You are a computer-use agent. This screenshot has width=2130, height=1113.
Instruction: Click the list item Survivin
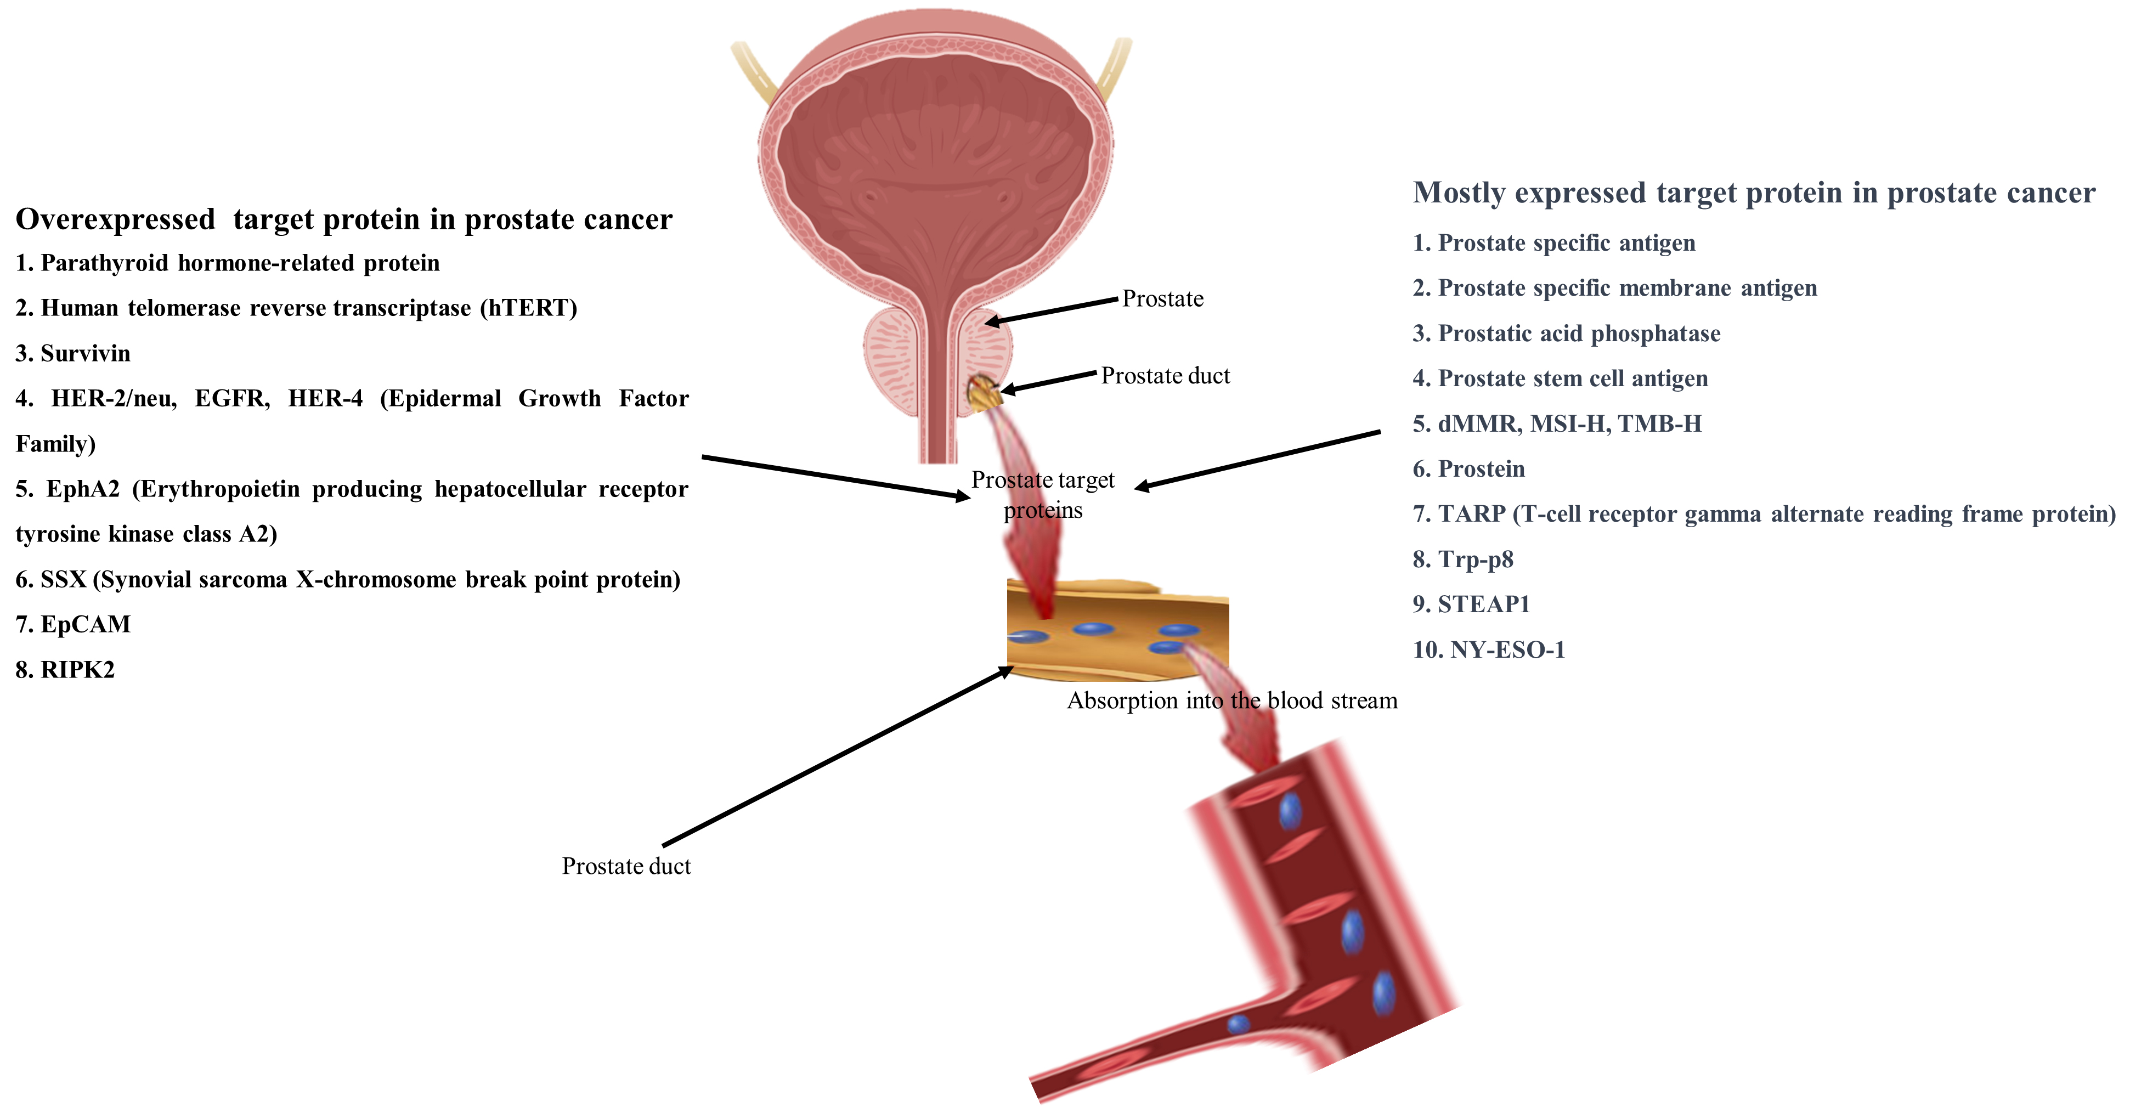tap(73, 354)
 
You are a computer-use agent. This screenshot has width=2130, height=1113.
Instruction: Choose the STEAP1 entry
tap(1471, 604)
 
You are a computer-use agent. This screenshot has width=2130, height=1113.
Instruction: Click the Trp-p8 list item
tap(1463, 560)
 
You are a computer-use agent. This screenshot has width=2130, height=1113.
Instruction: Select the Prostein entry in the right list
tap(1468, 469)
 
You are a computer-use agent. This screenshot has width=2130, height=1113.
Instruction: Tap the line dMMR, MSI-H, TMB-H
tap(1557, 424)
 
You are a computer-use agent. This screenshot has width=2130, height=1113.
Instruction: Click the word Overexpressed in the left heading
tap(116, 220)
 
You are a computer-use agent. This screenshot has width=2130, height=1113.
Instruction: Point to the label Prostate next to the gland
tap(1162, 298)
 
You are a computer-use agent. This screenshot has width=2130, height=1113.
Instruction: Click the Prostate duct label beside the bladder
tap(1165, 376)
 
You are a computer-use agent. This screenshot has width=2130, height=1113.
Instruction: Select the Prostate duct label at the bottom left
tap(626, 866)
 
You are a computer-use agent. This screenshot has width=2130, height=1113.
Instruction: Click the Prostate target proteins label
tap(1043, 494)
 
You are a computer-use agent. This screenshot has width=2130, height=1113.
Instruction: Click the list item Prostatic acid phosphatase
tap(1566, 333)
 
